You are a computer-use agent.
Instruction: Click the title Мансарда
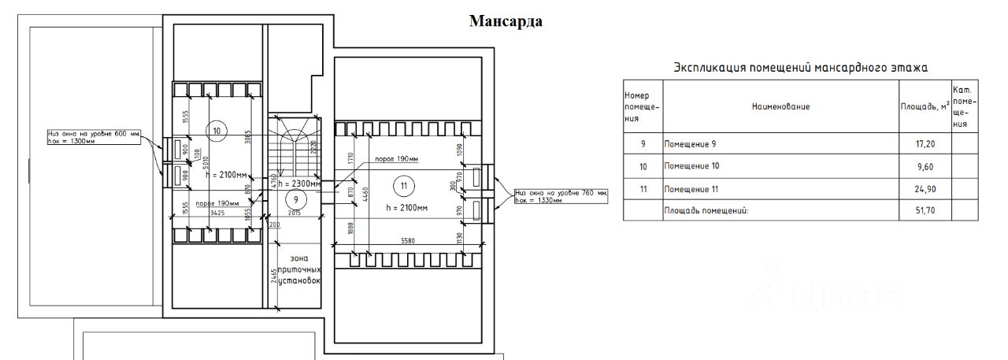point(506,21)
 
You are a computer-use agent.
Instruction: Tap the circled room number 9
point(296,199)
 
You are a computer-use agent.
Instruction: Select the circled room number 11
point(403,186)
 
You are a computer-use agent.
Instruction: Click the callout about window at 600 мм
point(94,137)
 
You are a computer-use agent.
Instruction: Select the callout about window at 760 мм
point(561,196)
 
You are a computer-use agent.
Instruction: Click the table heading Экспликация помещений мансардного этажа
point(801,68)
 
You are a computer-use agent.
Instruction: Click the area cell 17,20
point(925,144)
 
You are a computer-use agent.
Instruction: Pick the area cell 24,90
point(925,189)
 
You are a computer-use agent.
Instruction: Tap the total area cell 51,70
point(925,211)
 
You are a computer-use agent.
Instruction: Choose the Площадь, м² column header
point(925,106)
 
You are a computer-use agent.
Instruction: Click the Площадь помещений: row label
point(705,211)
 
